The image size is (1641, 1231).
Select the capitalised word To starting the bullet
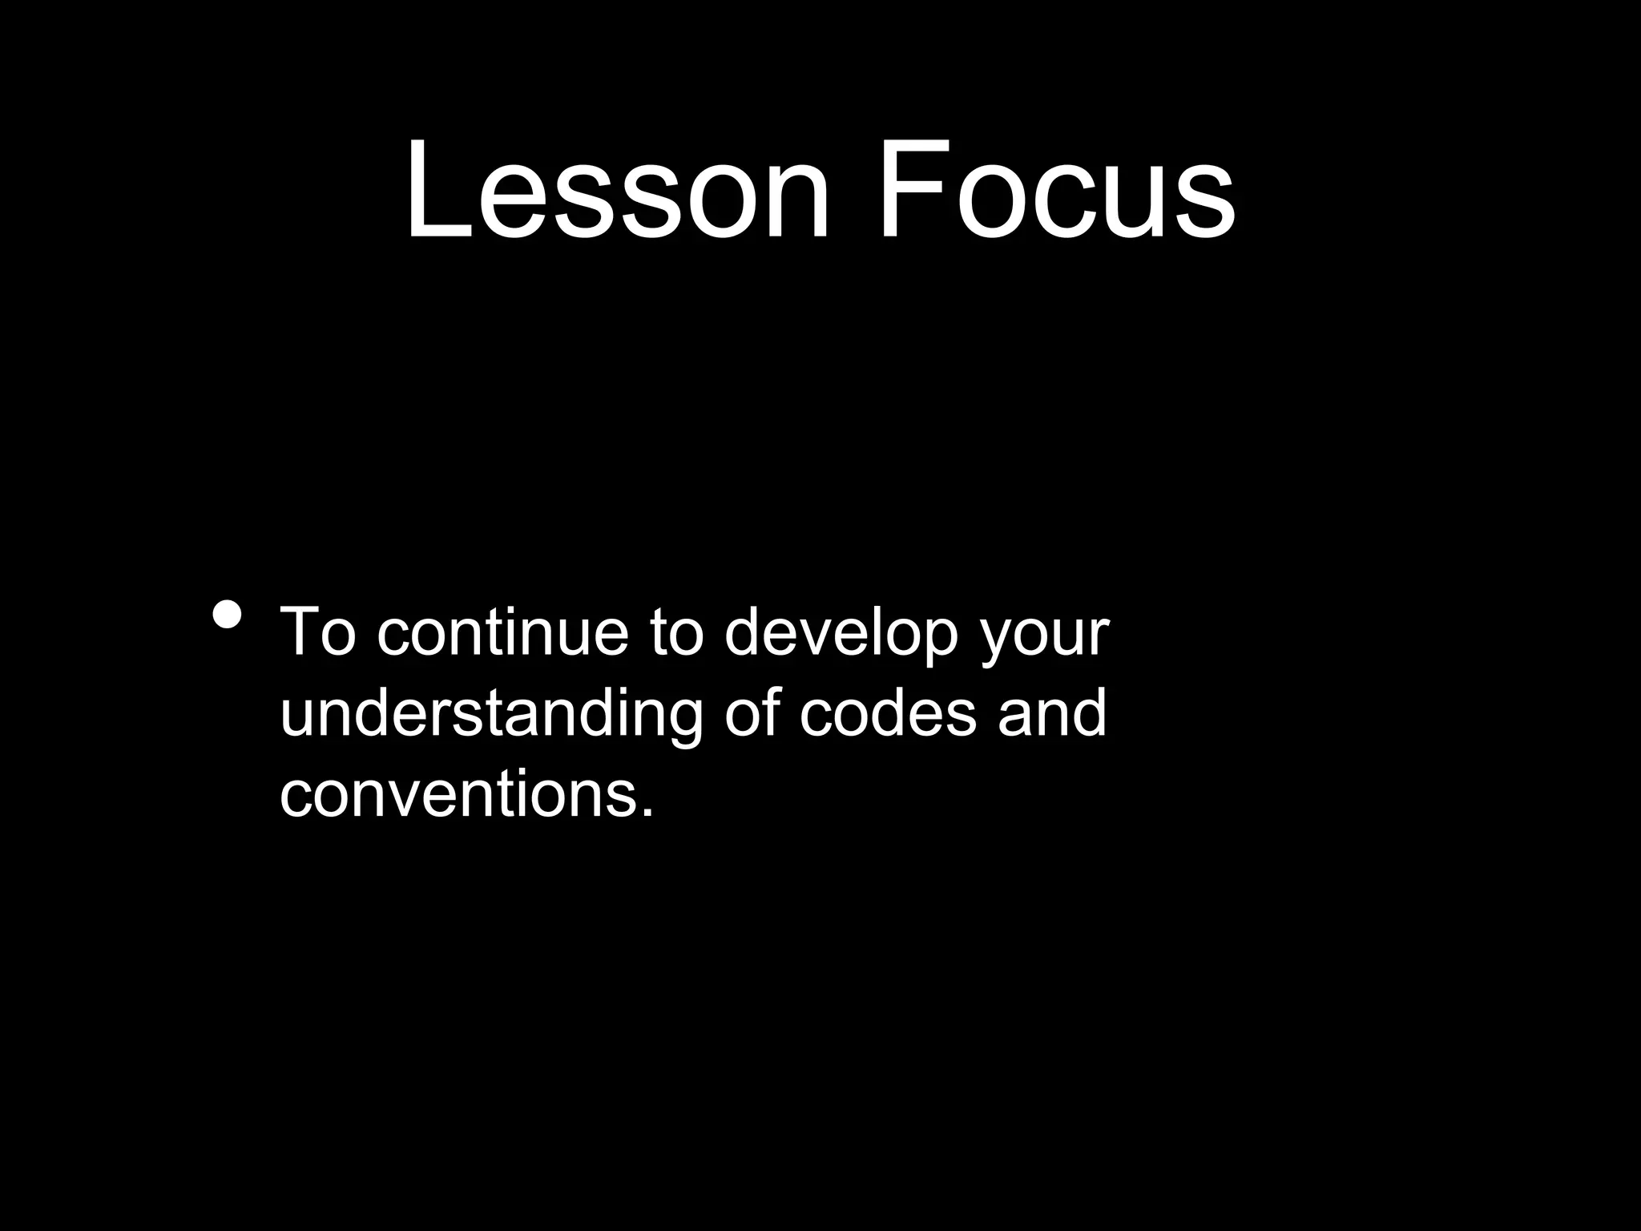(317, 632)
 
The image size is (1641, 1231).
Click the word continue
(502, 632)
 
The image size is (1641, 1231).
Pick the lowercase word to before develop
(676, 632)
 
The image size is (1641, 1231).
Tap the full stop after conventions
(647, 813)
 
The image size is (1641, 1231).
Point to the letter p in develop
(933, 641)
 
